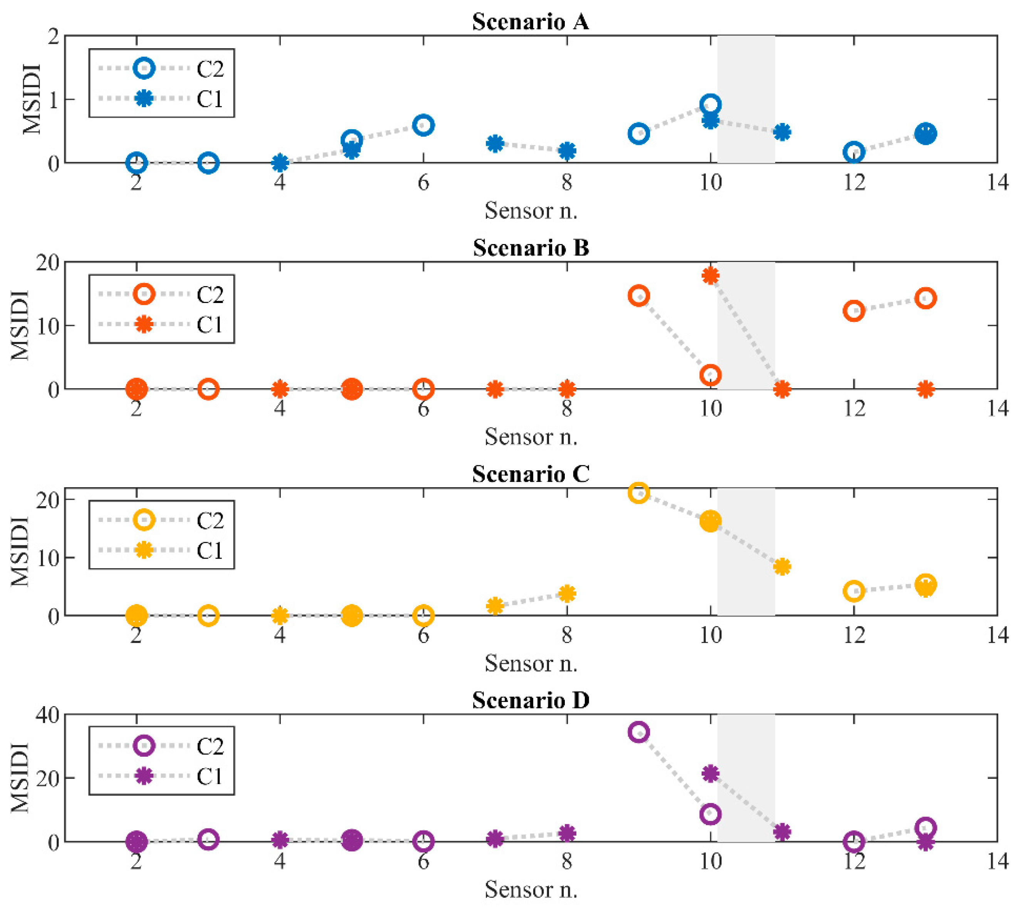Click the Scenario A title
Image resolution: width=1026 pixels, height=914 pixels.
530,22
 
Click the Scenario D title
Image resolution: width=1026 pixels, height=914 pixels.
530,700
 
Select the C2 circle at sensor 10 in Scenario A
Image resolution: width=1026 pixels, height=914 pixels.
710,104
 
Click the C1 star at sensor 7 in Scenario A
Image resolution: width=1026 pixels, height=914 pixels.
495,144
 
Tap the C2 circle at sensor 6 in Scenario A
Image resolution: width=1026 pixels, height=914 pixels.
423,125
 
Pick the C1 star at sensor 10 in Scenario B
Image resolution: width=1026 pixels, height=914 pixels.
710,275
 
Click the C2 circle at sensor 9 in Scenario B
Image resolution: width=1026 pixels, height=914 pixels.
638,296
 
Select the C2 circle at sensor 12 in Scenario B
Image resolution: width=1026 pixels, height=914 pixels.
854,311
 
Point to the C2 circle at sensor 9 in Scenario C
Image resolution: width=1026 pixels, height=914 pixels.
638,493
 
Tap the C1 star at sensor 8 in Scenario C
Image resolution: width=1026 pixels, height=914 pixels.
567,594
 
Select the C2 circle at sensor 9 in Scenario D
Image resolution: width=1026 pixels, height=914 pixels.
638,732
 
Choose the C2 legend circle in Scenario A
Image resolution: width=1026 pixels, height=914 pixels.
144,68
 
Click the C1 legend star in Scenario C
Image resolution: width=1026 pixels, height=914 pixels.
144,550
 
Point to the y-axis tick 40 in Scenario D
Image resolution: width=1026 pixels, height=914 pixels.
47,715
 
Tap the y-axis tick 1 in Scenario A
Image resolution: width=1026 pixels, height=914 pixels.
53,99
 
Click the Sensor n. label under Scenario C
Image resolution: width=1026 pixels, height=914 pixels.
531,663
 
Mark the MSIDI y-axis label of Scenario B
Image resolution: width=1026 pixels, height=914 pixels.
20,325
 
